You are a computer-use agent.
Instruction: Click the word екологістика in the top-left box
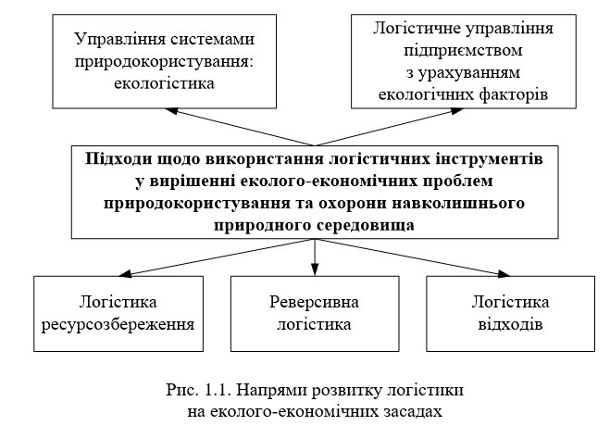click(x=166, y=82)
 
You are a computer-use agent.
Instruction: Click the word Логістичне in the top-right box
click(x=413, y=28)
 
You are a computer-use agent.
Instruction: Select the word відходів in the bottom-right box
click(x=509, y=325)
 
